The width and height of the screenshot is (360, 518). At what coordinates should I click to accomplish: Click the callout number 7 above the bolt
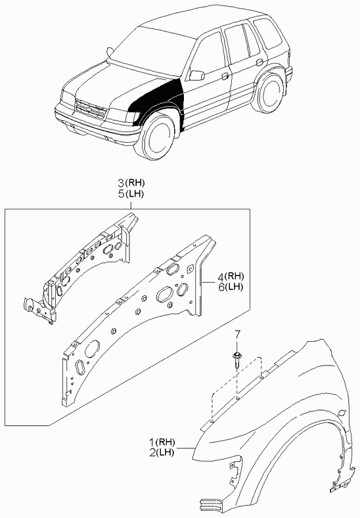click(238, 334)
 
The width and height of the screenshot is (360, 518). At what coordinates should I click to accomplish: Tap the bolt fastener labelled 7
click(236, 362)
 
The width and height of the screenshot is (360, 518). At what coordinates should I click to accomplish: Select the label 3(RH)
click(131, 182)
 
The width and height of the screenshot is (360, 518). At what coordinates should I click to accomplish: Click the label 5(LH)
click(131, 194)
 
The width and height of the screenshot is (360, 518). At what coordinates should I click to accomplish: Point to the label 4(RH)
click(231, 276)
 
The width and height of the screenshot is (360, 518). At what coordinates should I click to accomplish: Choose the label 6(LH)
click(231, 287)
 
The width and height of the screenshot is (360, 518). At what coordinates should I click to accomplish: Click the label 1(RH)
click(162, 441)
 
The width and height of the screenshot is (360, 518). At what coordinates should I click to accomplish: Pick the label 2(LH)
click(162, 452)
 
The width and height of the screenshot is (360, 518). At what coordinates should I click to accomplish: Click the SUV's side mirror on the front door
click(197, 76)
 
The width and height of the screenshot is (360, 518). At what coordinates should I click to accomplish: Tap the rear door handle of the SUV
click(259, 62)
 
